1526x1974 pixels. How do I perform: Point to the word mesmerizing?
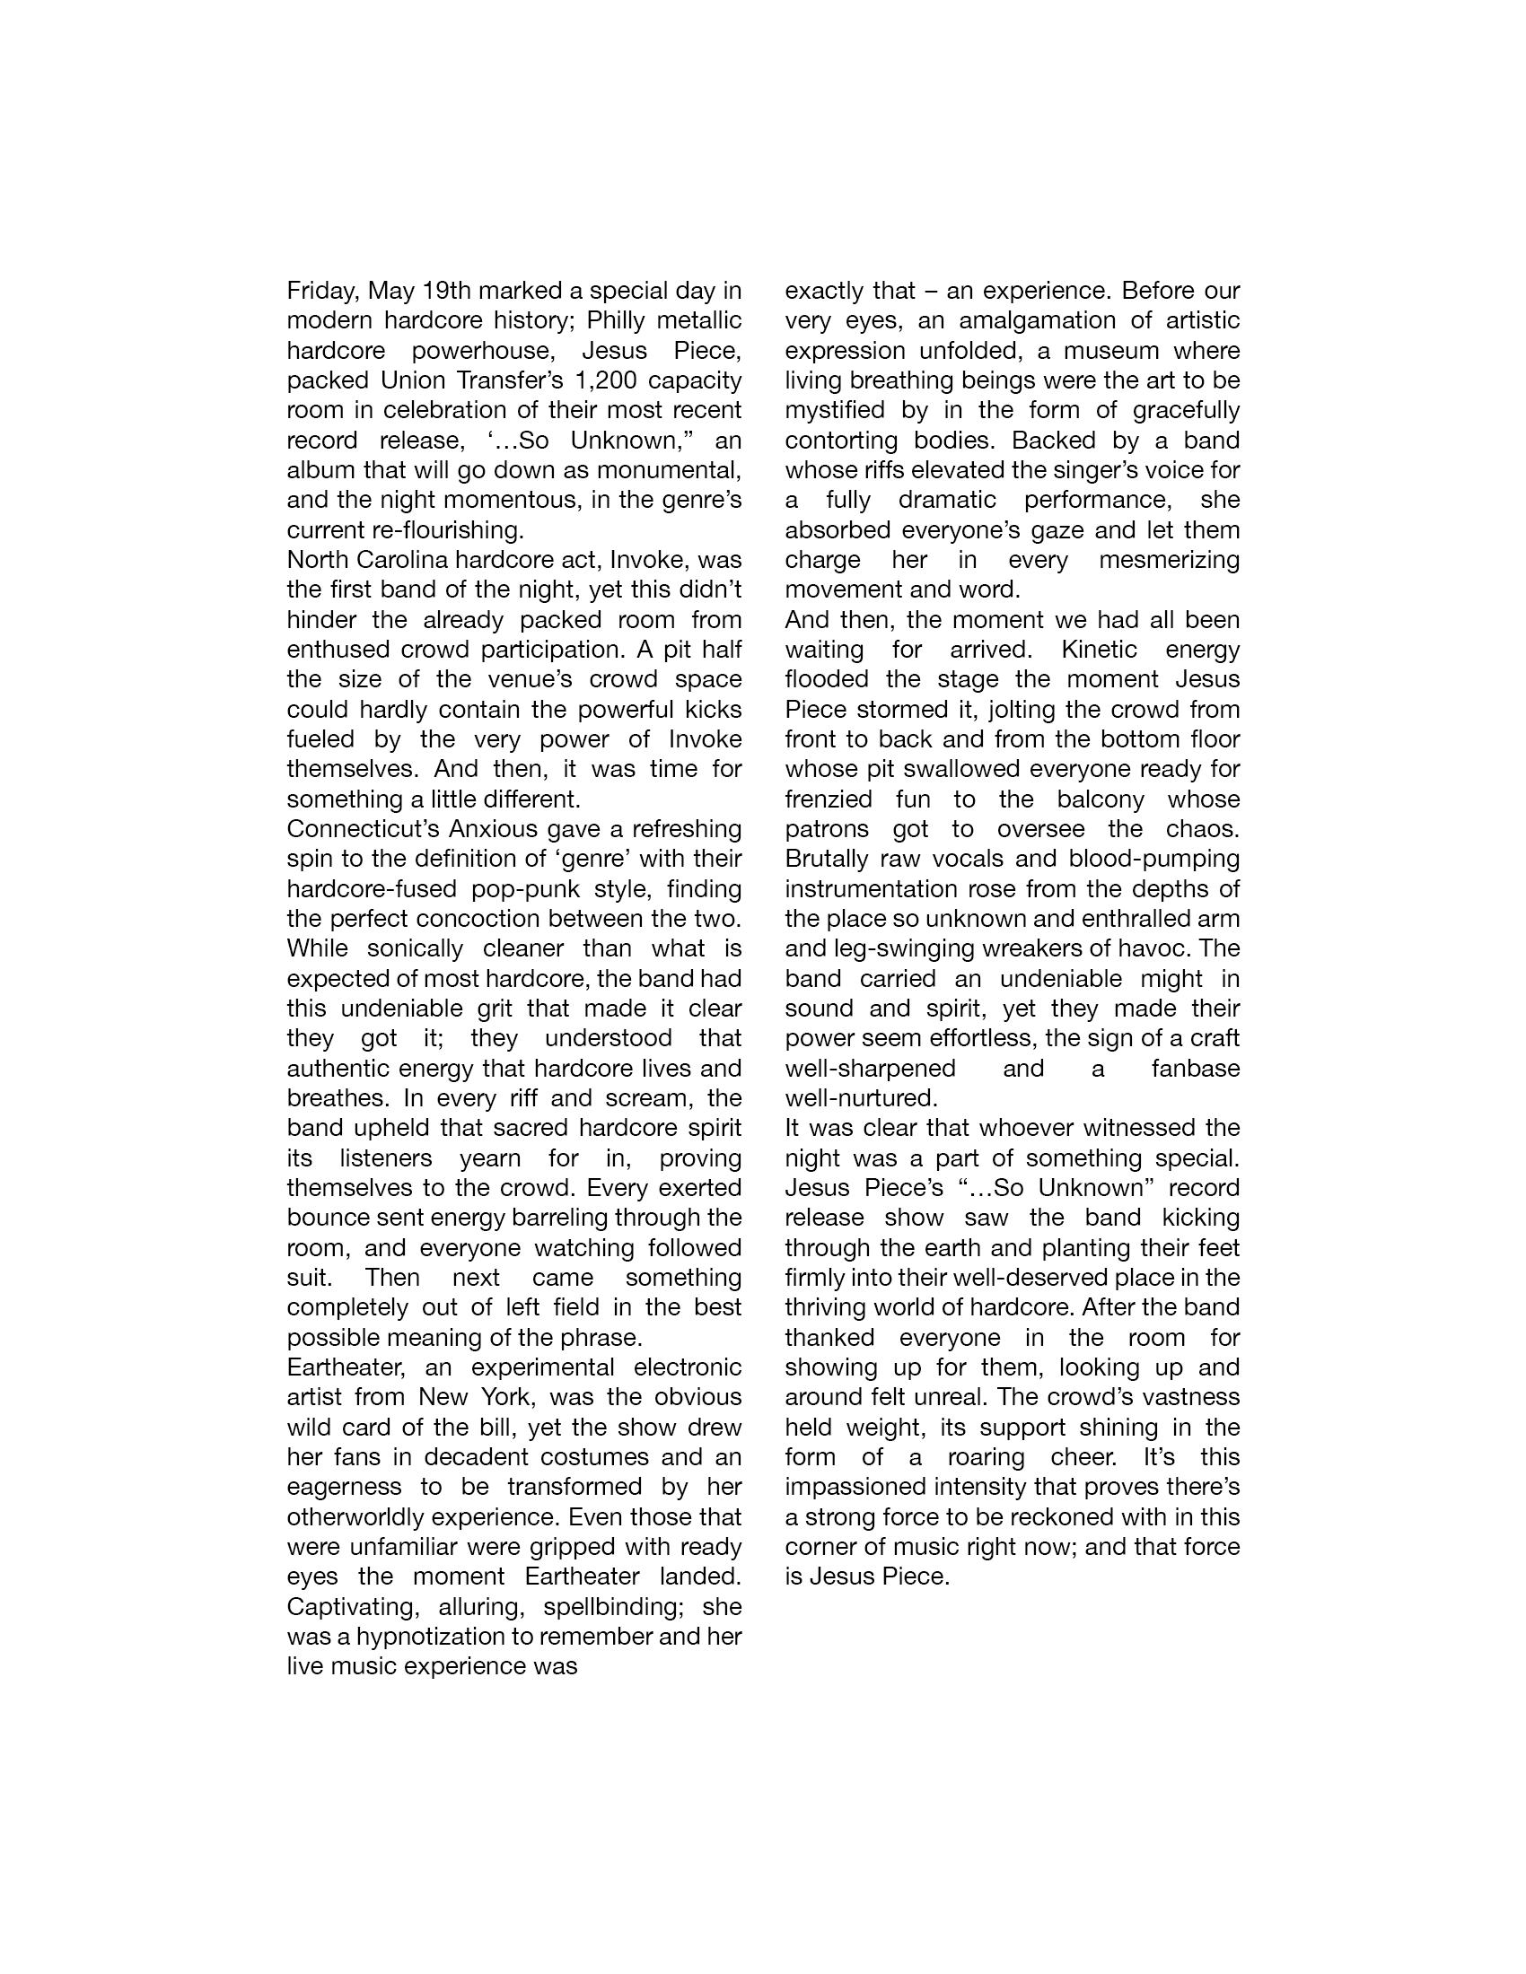coord(1169,561)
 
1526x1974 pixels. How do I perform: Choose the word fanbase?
coord(1195,1069)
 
